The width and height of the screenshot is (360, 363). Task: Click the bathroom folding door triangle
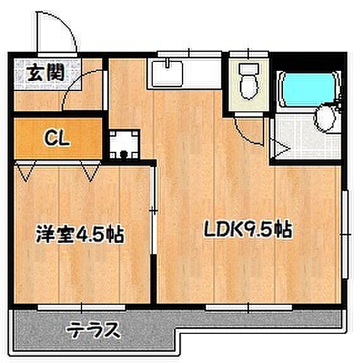coord(282,151)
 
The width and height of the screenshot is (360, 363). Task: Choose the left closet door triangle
coord(26,171)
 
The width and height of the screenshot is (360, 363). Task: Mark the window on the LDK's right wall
coord(346,234)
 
